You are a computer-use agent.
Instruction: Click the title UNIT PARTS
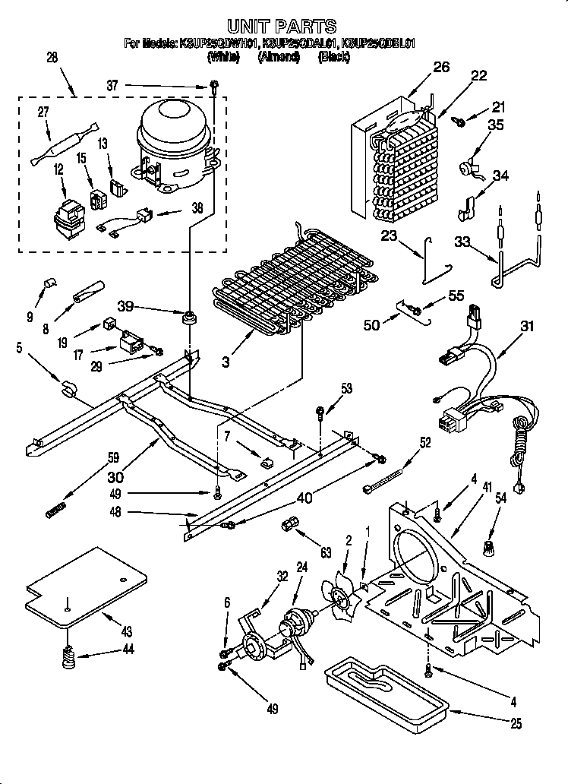click(x=282, y=28)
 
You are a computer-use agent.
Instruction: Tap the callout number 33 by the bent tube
click(x=462, y=244)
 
